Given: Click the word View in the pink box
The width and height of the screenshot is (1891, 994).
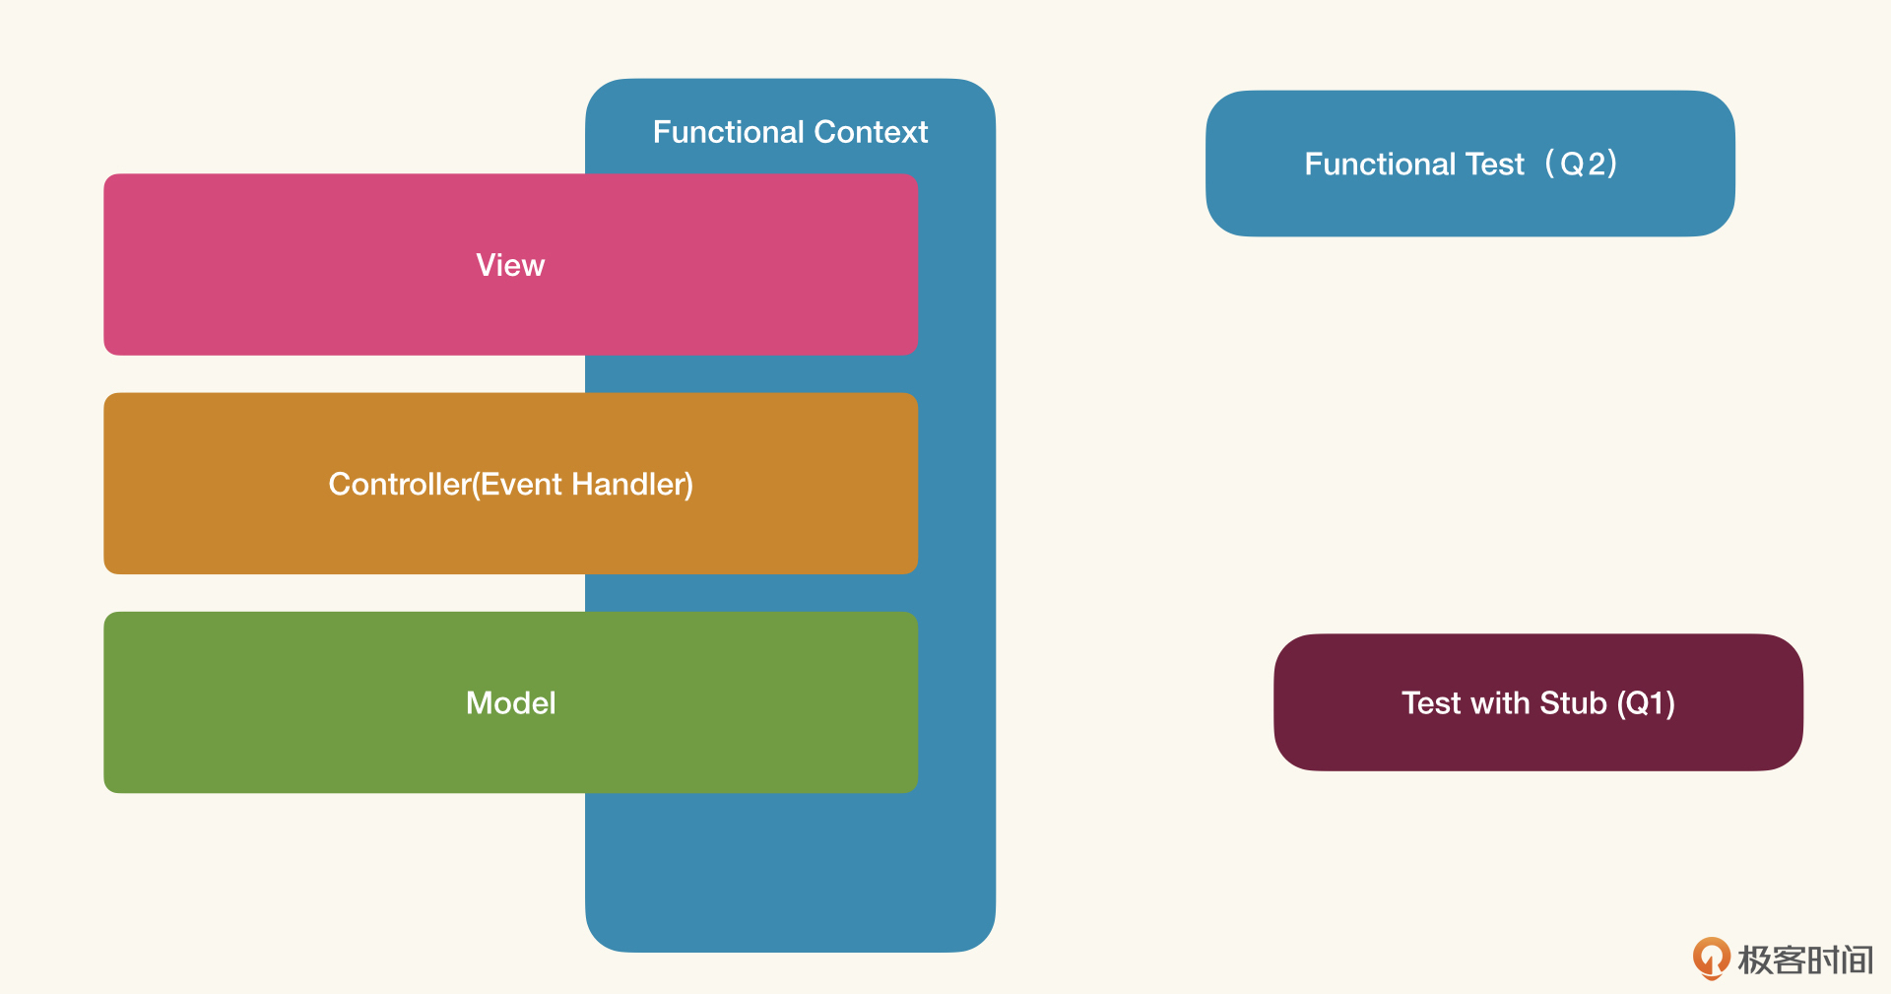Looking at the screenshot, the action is click(x=510, y=265).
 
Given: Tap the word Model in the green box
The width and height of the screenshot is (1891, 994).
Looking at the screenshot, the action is click(x=511, y=702).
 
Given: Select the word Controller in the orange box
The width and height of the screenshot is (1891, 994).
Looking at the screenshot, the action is click(x=400, y=484).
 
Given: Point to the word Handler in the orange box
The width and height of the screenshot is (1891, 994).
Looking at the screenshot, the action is click(x=631, y=484).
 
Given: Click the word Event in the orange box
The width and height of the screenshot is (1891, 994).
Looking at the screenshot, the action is click(x=521, y=484).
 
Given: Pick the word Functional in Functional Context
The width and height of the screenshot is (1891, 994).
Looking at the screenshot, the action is click(x=729, y=132).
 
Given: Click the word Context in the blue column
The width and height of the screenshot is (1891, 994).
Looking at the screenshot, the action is click(x=871, y=132).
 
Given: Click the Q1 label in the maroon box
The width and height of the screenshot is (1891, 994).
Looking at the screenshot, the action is click(x=1647, y=702).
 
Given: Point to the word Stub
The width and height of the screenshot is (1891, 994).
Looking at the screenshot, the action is click(x=1573, y=702).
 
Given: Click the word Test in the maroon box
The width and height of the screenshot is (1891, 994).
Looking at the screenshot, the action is click(x=1431, y=702).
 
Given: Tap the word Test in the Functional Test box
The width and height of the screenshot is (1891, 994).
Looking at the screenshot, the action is click(x=1495, y=164).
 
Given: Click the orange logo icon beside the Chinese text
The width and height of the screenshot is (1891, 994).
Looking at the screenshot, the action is click(x=1712, y=958).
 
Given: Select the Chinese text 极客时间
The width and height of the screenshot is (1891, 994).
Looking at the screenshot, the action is click(x=1805, y=960).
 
